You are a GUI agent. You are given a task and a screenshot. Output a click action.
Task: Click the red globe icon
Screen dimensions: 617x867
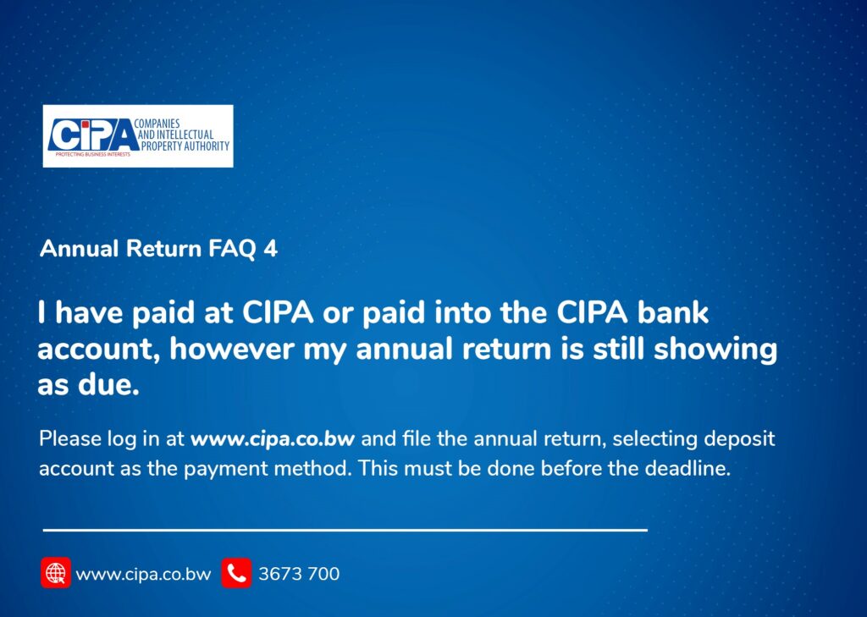56,573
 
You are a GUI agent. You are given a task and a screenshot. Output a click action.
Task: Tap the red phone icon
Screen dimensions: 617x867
236,573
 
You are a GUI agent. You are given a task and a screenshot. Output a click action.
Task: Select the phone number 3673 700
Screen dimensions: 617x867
299,574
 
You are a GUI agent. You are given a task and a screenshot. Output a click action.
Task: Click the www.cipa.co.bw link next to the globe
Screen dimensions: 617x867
143,574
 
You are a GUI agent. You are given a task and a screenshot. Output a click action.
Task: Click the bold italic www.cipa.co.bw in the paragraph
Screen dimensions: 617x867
273,439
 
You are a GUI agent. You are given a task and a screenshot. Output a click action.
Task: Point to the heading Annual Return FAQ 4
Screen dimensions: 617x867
158,249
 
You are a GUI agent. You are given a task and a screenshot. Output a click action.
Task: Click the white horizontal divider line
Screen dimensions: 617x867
345,530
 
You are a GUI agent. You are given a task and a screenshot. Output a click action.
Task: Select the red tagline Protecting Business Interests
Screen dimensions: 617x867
92,156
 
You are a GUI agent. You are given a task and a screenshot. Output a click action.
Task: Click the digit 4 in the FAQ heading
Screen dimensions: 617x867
271,249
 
